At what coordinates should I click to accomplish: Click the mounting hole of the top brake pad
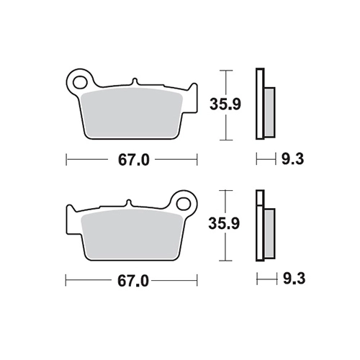click(x=80, y=82)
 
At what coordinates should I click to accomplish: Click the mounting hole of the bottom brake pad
click(x=184, y=203)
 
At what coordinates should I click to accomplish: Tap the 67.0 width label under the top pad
click(x=134, y=160)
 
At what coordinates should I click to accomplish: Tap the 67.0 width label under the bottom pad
click(x=133, y=281)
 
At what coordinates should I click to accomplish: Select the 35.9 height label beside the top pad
click(x=225, y=104)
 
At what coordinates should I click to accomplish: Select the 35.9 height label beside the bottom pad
click(x=224, y=223)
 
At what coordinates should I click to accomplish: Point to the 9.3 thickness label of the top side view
click(x=292, y=159)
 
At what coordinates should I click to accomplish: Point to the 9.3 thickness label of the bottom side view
click(x=294, y=279)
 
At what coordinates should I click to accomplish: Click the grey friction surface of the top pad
click(x=132, y=112)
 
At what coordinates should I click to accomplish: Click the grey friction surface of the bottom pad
click(x=132, y=233)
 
